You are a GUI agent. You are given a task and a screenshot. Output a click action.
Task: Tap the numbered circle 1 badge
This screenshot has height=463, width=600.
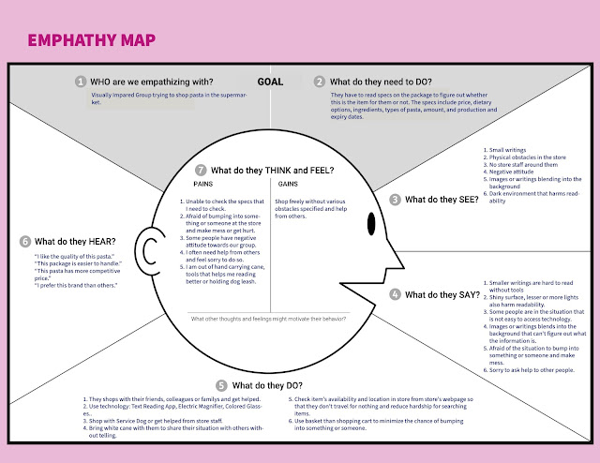click(x=82, y=82)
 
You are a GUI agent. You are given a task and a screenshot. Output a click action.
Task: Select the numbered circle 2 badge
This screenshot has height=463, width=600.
click(x=321, y=82)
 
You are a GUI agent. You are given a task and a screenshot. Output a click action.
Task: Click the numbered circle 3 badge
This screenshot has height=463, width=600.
click(x=396, y=200)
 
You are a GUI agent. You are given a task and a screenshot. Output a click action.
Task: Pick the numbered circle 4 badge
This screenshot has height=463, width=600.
click(x=396, y=294)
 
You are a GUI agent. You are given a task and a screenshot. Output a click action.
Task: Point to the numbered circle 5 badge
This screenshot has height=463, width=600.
click(x=221, y=385)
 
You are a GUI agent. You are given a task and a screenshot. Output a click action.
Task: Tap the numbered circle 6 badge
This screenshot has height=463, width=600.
click(x=25, y=241)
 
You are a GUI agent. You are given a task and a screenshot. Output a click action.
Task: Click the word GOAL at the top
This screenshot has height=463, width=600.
click(x=270, y=82)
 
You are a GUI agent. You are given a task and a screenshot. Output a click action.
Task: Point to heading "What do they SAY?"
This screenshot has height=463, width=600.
click(x=440, y=294)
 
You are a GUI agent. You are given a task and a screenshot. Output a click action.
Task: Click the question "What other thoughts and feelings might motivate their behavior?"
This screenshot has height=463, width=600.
click(x=272, y=320)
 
